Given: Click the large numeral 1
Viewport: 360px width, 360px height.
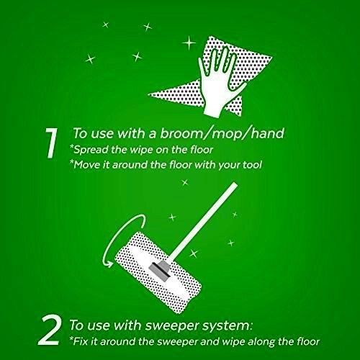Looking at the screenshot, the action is [x=52, y=143].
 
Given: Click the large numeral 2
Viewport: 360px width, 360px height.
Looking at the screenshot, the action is [x=49, y=330].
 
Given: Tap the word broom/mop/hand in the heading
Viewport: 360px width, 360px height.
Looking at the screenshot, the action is [x=222, y=133].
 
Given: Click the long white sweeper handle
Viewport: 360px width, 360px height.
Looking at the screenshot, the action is [x=203, y=220].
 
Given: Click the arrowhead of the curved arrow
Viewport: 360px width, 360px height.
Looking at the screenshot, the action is [x=109, y=264].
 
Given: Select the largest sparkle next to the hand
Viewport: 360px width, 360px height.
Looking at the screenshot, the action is [x=189, y=42].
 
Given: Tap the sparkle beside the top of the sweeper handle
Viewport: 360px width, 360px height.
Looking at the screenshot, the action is [x=185, y=183].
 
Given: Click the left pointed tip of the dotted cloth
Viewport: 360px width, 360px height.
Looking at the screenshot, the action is [x=148, y=94].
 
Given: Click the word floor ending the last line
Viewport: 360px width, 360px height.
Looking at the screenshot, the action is [x=309, y=341].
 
